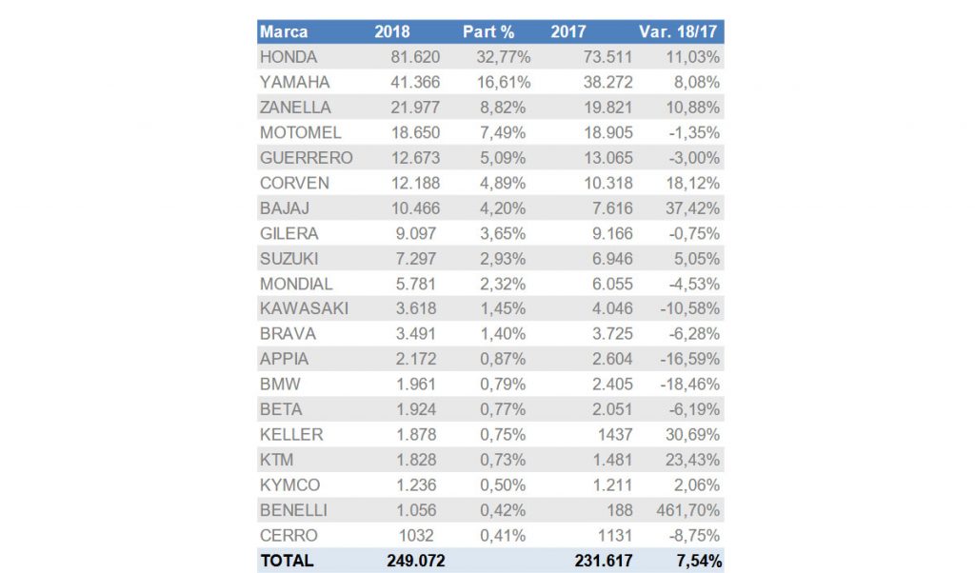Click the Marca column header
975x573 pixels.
284,32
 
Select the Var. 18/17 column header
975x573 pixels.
683,32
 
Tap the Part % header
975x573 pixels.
488,32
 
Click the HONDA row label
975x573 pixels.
289,57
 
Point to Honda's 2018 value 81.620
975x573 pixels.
416,57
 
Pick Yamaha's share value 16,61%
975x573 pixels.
503,83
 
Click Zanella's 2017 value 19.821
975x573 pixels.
607,108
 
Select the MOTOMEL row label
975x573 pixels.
300,132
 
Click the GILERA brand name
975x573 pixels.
289,233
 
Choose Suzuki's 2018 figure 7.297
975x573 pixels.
421,259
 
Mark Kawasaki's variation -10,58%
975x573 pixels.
688,308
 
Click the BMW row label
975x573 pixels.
279,385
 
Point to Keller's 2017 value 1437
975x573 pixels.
614,435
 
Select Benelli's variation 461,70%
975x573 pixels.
688,510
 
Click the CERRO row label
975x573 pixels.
288,535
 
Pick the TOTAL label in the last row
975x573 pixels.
286,561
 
